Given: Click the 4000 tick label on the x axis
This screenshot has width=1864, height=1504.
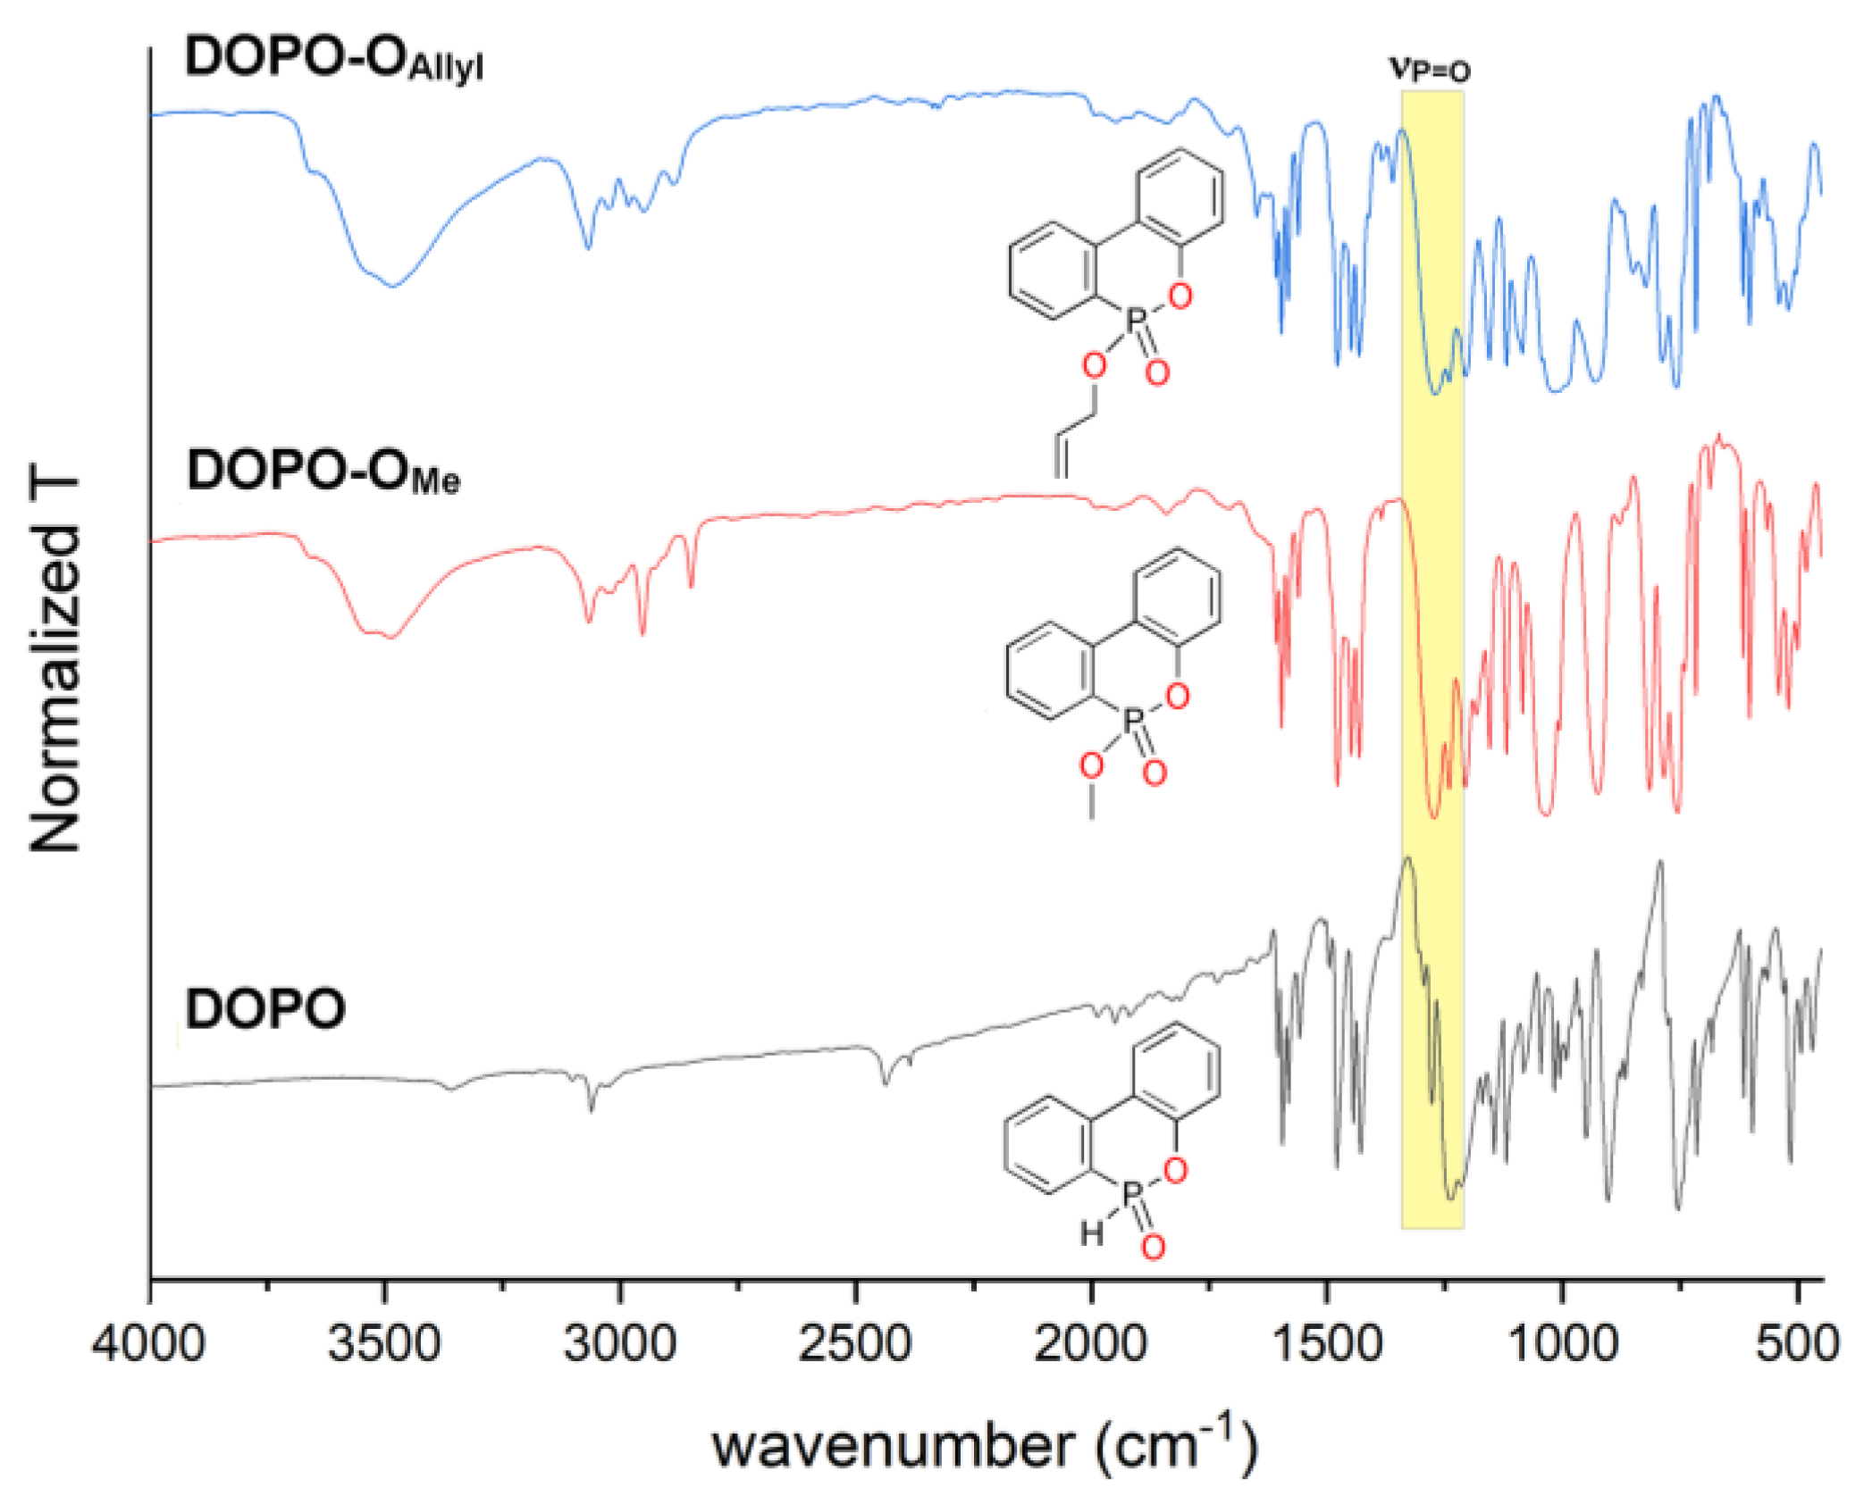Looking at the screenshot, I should pyautogui.click(x=148, y=1343).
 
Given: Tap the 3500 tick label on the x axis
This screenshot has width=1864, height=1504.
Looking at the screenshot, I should pyautogui.click(x=384, y=1343).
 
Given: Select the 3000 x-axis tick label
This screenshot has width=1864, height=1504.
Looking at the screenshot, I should pyautogui.click(x=619, y=1343).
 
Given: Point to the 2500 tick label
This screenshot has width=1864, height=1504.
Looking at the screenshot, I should pyautogui.click(x=855, y=1343).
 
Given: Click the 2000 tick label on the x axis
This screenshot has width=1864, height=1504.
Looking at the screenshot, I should pyautogui.click(x=1090, y=1343).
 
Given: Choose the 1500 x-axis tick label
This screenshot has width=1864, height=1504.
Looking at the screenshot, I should pyautogui.click(x=1326, y=1343).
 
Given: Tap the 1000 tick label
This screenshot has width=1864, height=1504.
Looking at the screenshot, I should pyautogui.click(x=1562, y=1343).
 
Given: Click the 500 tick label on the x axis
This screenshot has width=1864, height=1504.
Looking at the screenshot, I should pyautogui.click(x=1796, y=1343).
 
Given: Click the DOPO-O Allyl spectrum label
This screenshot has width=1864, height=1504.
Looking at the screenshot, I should pyautogui.click(x=333, y=60).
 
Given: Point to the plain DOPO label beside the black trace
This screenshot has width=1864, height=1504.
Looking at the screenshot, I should pyautogui.click(x=265, y=1009).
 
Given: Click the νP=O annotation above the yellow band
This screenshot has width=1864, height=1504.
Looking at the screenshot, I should pyautogui.click(x=1430, y=70).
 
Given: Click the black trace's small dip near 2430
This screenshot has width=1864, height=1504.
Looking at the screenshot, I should pyautogui.click(x=886, y=1082).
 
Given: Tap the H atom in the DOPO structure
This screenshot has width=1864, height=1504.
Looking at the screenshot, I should pyautogui.click(x=1092, y=1234).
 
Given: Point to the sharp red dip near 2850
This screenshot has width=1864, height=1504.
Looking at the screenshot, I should pyautogui.click(x=692, y=585).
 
